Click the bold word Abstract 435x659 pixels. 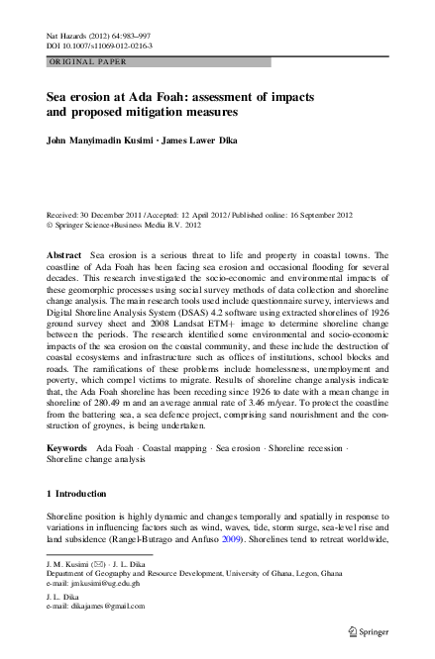click(x=64, y=256)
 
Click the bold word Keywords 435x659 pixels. click(x=68, y=449)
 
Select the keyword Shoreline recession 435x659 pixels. click(x=305, y=449)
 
